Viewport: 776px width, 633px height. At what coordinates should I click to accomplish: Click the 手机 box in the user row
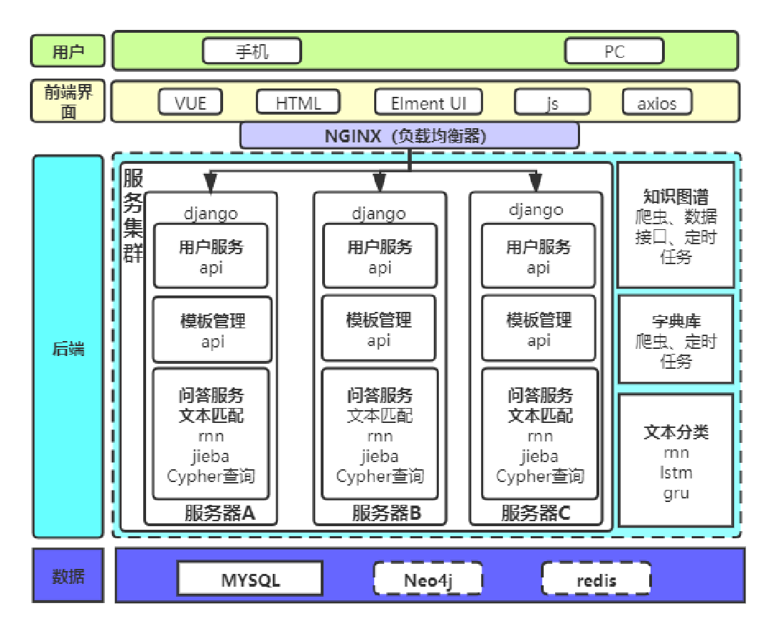click(x=252, y=51)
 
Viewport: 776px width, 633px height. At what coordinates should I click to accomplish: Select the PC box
click(x=614, y=51)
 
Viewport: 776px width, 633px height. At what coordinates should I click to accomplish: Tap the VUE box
click(x=190, y=103)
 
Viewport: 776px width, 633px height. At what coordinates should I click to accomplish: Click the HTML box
click(x=299, y=103)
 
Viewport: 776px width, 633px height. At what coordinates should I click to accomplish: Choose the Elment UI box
click(x=428, y=103)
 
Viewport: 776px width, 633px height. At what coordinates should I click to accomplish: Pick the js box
click(x=552, y=103)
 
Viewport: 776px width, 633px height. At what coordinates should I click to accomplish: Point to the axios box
click(x=656, y=103)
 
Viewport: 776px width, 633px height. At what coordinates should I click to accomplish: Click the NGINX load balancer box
click(x=409, y=135)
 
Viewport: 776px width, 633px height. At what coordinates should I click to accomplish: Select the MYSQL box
click(x=250, y=579)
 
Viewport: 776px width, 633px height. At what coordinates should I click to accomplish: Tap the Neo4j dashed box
click(x=428, y=579)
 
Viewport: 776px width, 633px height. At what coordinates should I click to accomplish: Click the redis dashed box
click(x=596, y=579)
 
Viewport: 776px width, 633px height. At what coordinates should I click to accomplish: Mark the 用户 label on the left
click(x=68, y=51)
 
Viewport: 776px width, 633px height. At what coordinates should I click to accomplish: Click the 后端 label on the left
click(x=68, y=348)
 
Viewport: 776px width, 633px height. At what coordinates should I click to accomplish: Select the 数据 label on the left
click(x=68, y=576)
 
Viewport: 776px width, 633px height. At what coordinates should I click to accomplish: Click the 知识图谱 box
click(x=676, y=225)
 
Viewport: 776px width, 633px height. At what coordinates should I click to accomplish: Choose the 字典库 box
click(x=676, y=340)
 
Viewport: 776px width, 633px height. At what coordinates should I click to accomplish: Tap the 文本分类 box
click(x=676, y=461)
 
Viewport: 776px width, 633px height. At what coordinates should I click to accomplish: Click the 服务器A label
click(x=219, y=513)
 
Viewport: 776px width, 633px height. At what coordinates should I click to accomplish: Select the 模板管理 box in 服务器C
click(x=539, y=329)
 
